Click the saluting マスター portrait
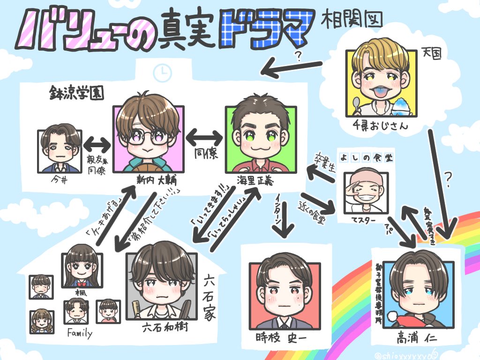(364, 189)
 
